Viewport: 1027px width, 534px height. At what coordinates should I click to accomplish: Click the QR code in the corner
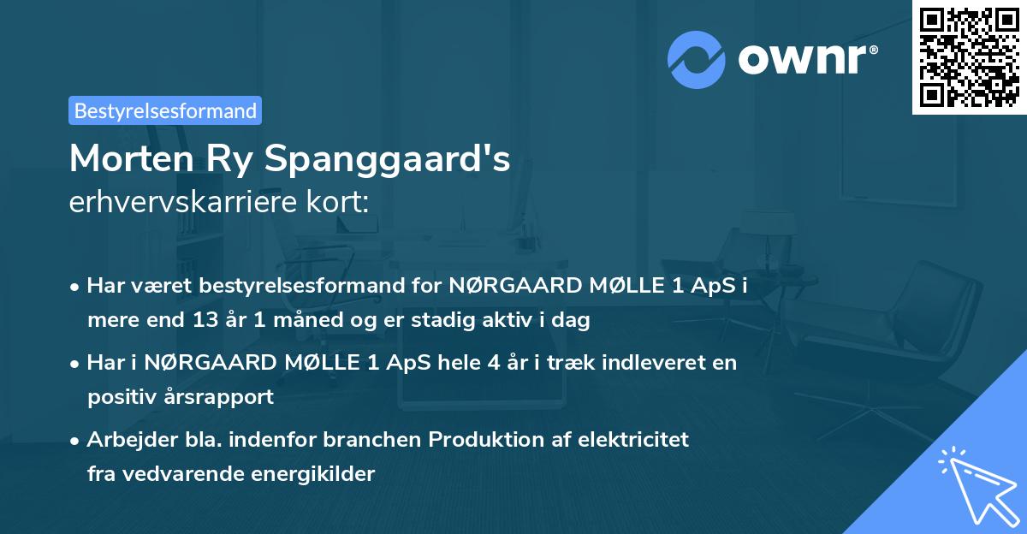pyautogui.click(x=970, y=57)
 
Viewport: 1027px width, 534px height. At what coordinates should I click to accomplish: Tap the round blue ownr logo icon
pyautogui.click(x=696, y=59)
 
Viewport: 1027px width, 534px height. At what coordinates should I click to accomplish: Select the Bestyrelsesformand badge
pyautogui.click(x=165, y=110)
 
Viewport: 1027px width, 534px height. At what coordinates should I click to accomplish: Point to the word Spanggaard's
pyautogui.click(x=413, y=159)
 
